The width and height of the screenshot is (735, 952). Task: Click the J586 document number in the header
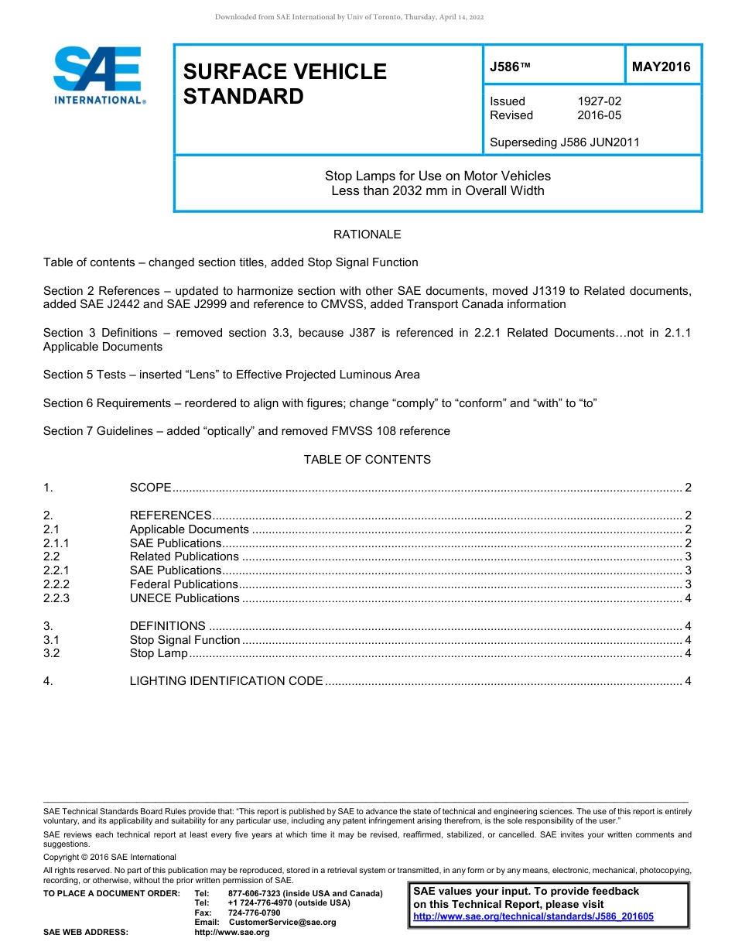(x=510, y=67)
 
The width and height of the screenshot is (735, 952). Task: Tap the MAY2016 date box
(x=661, y=67)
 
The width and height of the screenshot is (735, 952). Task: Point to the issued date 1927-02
(x=599, y=101)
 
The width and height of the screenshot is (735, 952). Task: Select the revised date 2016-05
(x=599, y=115)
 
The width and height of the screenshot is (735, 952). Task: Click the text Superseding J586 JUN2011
(x=565, y=142)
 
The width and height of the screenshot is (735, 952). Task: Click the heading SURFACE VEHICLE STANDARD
(x=285, y=84)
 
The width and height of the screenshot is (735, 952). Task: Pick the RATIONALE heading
(x=367, y=235)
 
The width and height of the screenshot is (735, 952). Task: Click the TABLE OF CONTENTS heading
(x=367, y=460)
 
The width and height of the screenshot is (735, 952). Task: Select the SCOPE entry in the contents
(x=150, y=488)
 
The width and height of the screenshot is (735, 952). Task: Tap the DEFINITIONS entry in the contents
(x=167, y=626)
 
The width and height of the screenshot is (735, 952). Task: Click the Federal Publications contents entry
(x=183, y=584)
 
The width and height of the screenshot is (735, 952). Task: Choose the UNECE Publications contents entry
(x=184, y=598)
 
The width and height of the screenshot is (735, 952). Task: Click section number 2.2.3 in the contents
(x=56, y=598)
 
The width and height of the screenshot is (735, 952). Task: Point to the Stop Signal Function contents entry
(x=185, y=640)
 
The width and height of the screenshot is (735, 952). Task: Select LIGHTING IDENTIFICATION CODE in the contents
(x=226, y=681)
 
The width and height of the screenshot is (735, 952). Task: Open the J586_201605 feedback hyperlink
(x=533, y=916)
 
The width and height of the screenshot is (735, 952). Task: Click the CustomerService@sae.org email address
(x=282, y=922)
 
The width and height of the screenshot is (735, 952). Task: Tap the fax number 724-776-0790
(x=254, y=913)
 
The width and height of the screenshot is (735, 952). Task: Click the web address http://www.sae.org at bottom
(x=232, y=932)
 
